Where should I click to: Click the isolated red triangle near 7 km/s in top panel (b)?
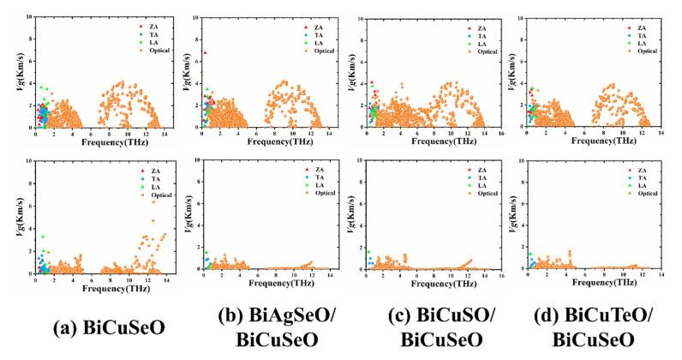[x=206, y=53]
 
